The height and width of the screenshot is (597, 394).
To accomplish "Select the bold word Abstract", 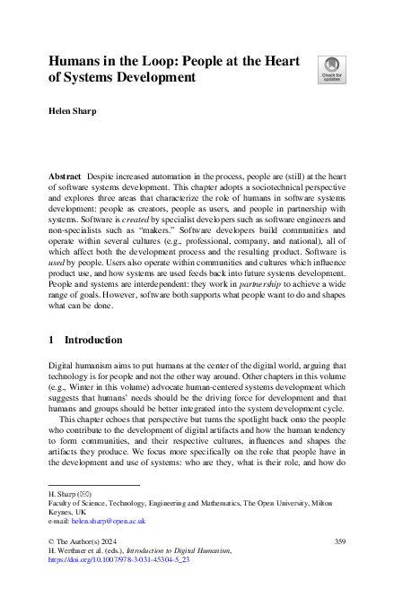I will [65, 179].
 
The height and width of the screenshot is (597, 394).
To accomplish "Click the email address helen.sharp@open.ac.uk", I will [97, 521].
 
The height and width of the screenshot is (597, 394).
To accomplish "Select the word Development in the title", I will [149, 77].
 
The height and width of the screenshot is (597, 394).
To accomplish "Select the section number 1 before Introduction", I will [51, 341].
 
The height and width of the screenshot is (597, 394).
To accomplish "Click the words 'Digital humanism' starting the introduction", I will [81, 366].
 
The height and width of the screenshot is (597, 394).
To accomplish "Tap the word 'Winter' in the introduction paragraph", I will [93, 391].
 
